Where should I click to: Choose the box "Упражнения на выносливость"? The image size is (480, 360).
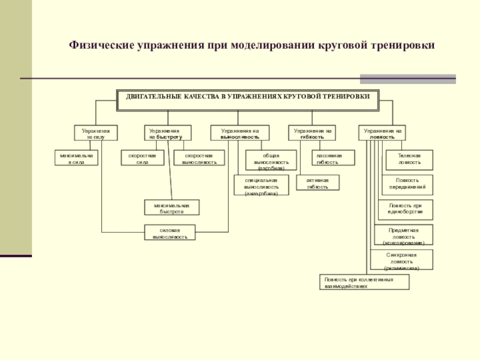click(240, 133)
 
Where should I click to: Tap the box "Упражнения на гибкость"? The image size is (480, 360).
click(311, 133)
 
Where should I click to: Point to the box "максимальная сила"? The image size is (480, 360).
click(77, 158)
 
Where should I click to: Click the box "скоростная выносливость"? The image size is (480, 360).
click(200, 158)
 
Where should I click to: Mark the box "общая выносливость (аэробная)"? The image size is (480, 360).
click(271, 160)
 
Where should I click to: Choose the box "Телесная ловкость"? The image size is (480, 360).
click(409, 158)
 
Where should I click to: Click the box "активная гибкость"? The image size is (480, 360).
click(317, 183)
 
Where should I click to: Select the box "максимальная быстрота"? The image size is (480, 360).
click(171, 208)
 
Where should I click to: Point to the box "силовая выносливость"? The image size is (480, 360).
click(170, 233)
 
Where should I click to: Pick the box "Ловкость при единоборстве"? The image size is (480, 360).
click(406, 208)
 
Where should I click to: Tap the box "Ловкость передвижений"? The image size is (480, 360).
click(406, 184)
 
